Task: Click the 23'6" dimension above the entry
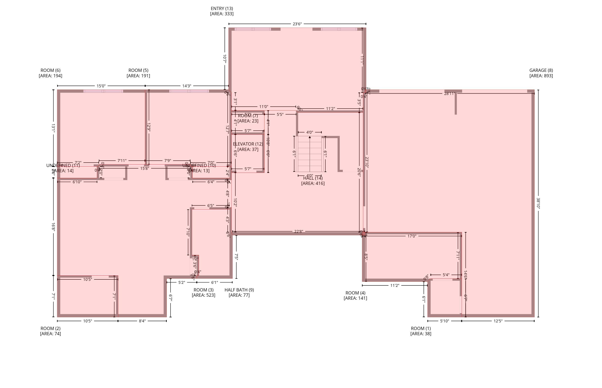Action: pyautogui.click(x=297, y=24)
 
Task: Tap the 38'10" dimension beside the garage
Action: pyautogui.click(x=538, y=203)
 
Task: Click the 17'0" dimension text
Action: pyautogui.click(x=412, y=236)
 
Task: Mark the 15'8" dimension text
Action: pyautogui.click(x=144, y=168)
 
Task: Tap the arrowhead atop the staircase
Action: pyautogui.click(x=310, y=137)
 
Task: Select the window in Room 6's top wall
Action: pyautogui.click(x=103, y=91)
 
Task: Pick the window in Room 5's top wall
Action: pyautogui.click(x=189, y=91)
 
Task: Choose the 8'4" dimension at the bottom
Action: pyautogui.click(x=142, y=321)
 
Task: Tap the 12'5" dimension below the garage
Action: pyautogui.click(x=498, y=321)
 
